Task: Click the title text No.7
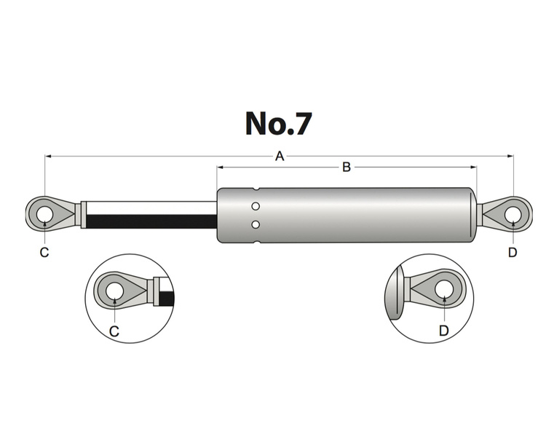point(278,123)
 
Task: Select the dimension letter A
point(279,156)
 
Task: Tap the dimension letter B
point(347,168)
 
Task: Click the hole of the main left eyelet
point(44,214)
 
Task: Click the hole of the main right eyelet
point(513,214)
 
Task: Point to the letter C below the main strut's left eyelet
point(44,252)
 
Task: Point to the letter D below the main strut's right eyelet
point(513,252)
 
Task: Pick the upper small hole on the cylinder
point(256,207)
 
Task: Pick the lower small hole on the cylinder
point(256,224)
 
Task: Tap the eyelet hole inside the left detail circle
point(114,291)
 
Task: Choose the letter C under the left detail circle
point(114,331)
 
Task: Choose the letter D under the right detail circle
point(443,331)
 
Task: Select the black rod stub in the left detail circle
point(167,297)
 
